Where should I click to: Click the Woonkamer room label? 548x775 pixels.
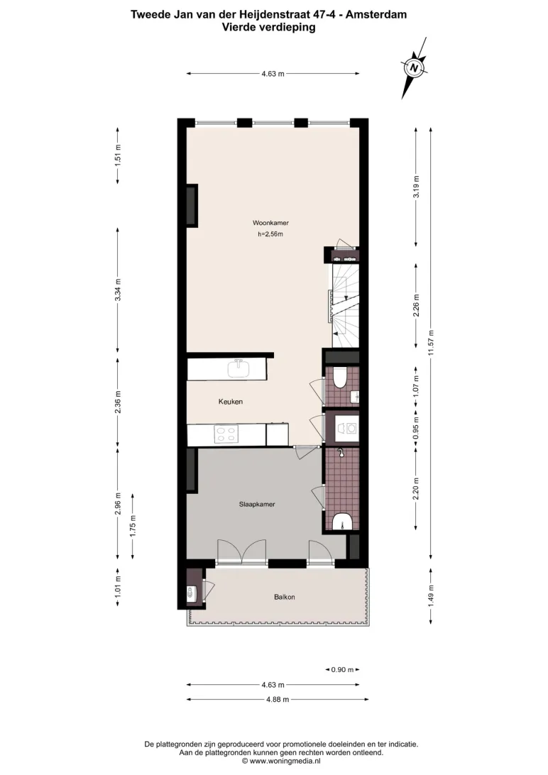[x=270, y=223]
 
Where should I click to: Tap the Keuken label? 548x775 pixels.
[x=230, y=402]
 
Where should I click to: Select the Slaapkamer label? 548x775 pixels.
[x=257, y=505]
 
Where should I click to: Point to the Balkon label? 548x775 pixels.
[x=285, y=597]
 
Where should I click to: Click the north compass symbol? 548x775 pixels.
[x=414, y=67]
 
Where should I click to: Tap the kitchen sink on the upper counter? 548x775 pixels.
[x=239, y=369]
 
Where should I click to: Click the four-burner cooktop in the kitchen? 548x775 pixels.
[x=226, y=434]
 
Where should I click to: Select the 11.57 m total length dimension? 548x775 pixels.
[x=431, y=343]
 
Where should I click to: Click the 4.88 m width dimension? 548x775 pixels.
[x=278, y=699]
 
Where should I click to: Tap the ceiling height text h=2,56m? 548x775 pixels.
[x=270, y=234]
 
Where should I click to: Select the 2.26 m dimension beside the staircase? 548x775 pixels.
[x=416, y=305]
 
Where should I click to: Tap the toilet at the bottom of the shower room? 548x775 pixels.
[x=341, y=522]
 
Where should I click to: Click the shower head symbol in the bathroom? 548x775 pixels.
[x=340, y=452]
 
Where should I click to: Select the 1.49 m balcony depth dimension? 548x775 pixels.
[x=431, y=595]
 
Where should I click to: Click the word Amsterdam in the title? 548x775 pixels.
[x=376, y=14]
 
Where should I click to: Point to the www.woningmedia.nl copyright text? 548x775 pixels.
[x=281, y=762]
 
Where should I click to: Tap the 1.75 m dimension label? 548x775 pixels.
[x=133, y=526]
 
